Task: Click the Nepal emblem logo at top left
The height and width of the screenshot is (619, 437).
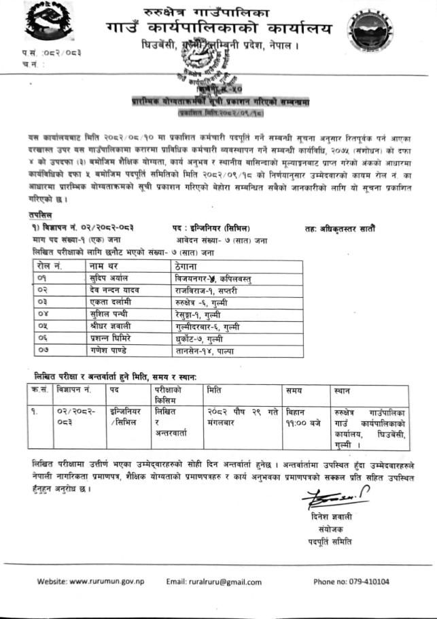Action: (34, 27)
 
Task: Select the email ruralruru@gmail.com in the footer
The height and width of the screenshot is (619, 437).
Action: (213, 582)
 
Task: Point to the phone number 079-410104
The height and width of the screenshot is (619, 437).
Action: (351, 582)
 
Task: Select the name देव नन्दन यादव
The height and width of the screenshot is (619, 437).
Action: (113, 290)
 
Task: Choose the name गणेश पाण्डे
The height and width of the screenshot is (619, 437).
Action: (109, 350)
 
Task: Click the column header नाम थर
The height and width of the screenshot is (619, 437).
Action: (103, 266)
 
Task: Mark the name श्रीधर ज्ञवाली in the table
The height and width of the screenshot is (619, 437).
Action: (111, 326)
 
